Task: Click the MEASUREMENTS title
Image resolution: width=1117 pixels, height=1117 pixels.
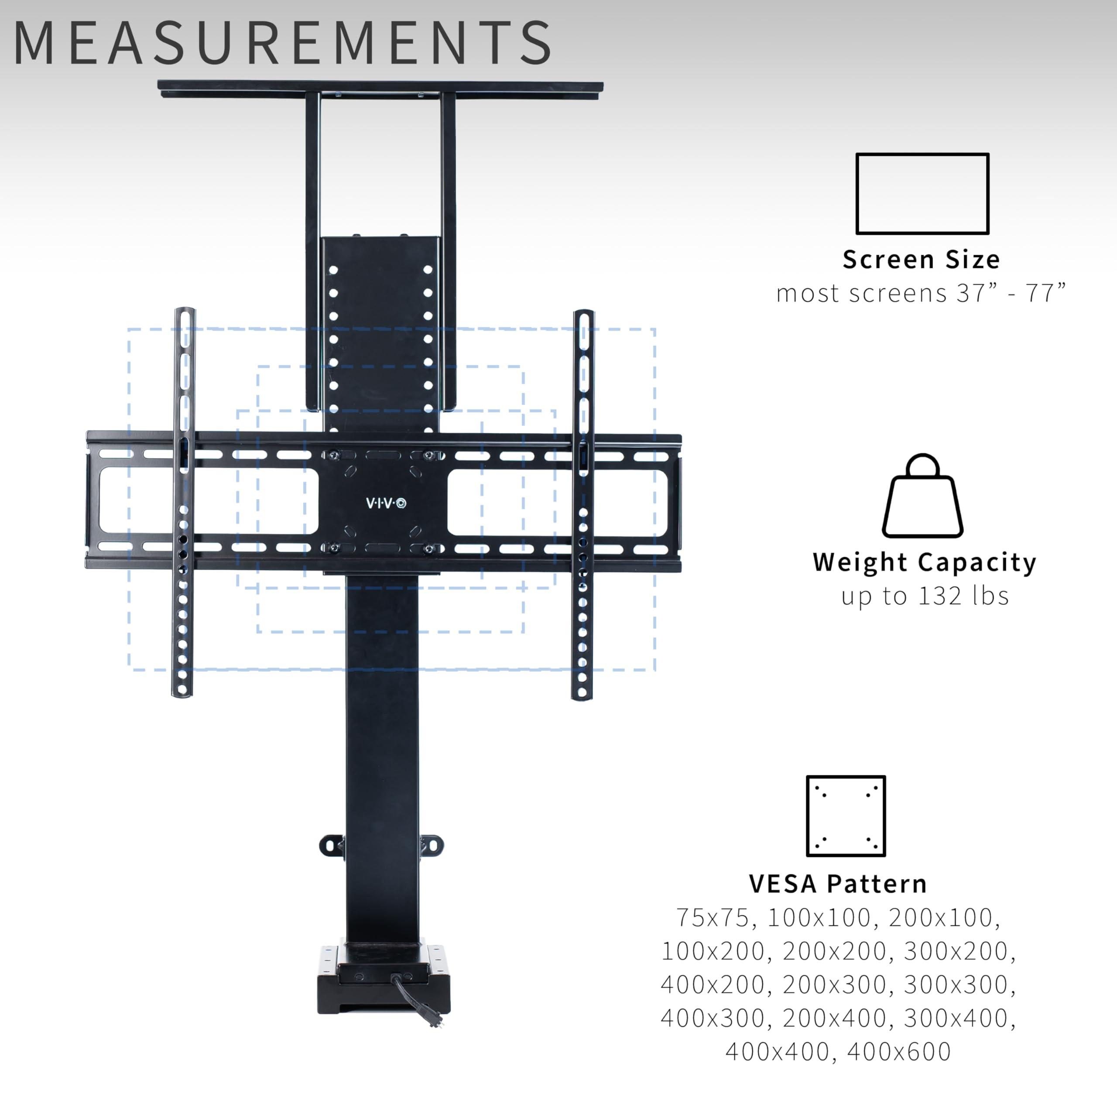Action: pyautogui.click(x=282, y=43)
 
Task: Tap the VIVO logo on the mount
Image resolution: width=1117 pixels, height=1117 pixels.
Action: pyautogui.click(x=386, y=503)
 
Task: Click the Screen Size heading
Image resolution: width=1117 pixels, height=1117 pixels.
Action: pyautogui.click(x=921, y=260)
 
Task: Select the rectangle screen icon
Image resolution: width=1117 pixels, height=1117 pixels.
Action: pyautogui.click(x=922, y=194)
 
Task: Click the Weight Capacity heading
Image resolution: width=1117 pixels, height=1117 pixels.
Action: pyautogui.click(x=925, y=562)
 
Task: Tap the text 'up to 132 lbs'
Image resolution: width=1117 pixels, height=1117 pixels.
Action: pyautogui.click(x=925, y=596)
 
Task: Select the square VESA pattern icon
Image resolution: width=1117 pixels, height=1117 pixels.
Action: pyautogui.click(x=846, y=816)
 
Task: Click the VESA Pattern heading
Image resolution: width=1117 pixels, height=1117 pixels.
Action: pyautogui.click(x=838, y=884)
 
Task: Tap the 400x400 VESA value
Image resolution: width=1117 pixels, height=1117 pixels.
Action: pyautogui.click(x=777, y=1052)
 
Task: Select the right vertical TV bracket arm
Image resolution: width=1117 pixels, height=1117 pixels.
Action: pyautogui.click(x=583, y=505)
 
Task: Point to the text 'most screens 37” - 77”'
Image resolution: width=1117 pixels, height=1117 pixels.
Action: pyautogui.click(x=921, y=293)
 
